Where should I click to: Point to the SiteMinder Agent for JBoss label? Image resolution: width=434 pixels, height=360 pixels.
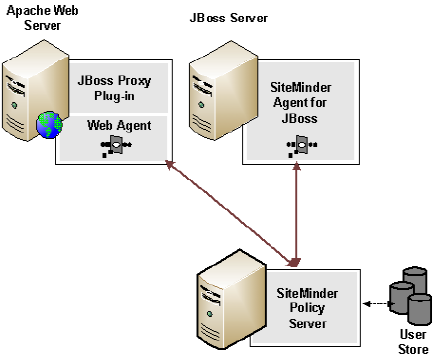pos(296,100)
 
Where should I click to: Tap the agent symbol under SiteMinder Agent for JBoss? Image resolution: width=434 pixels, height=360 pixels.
pos(296,147)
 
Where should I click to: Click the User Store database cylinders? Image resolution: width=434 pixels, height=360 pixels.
pos(409,293)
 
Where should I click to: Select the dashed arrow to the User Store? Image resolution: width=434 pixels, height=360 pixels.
pos(373,300)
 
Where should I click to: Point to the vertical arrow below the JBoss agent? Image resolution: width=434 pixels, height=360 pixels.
pos(295,213)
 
